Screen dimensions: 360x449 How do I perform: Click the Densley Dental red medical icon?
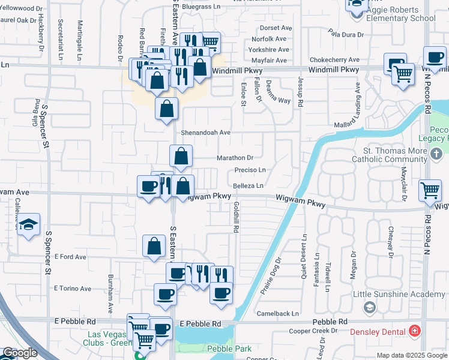coord(414,331)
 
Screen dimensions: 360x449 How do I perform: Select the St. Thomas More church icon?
coord(436,154)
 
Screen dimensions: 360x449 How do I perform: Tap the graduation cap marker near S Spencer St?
coord(28,225)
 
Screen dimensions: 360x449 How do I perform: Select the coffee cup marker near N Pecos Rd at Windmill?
coord(435,58)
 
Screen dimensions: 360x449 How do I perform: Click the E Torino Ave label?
coord(72,288)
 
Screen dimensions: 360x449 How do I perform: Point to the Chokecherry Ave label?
coord(334,60)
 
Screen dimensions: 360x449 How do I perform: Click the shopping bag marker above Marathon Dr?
coord(181,157)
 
